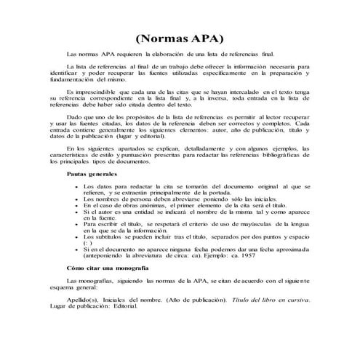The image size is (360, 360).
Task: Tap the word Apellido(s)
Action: pos(84,300)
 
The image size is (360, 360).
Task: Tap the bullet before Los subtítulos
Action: pos(76,237)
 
